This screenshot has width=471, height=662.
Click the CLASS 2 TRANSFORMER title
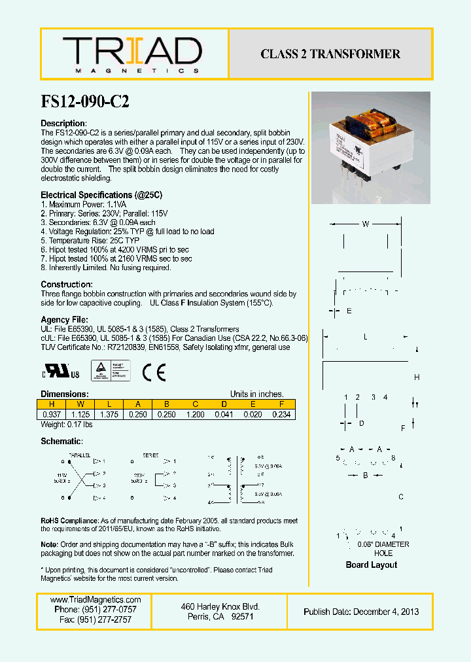pos(330,54)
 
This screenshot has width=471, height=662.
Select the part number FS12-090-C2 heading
pos(85,101)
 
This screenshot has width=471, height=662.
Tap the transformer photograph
pos(370,148)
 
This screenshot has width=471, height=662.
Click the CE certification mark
pos(154,372)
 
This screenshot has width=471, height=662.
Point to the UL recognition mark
pos(61,373)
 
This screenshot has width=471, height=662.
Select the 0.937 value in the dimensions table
pos(52,414)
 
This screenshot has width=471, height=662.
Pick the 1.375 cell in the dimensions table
pos(109,414)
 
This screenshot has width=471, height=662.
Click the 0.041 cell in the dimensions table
pos(224,414)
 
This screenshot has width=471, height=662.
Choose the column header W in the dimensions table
pos(80,404)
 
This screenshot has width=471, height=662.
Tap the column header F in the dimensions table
pos(281,404)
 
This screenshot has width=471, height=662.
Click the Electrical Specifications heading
pos(101,195)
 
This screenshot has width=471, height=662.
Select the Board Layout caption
pos(371,565)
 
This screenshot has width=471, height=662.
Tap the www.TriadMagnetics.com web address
pos(96,600)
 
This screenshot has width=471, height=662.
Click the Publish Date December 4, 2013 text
pos(361,612)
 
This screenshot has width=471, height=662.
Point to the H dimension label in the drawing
pos(417,377)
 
